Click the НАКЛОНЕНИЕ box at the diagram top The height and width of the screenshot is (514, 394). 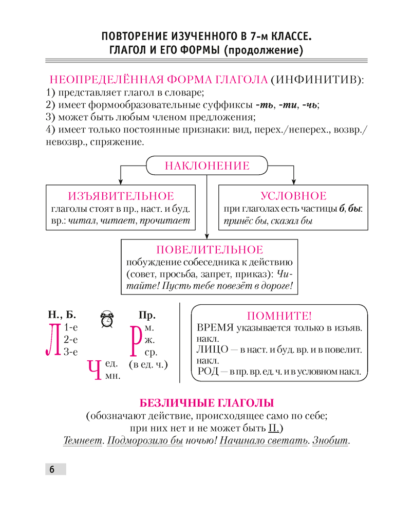(207, 166)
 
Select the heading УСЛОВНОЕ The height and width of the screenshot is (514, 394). (293, 196)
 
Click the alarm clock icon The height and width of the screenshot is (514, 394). (107, 319)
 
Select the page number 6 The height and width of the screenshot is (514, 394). (51, 469)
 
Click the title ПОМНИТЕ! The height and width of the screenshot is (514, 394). (279, 316)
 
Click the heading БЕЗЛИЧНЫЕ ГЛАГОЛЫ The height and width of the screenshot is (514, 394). (207, 402)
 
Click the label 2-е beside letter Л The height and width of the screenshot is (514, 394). (70, 339)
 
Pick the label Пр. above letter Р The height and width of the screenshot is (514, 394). (147, 315)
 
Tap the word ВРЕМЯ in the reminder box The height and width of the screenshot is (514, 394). (216, 328)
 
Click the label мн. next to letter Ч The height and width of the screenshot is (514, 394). (112, 376)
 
